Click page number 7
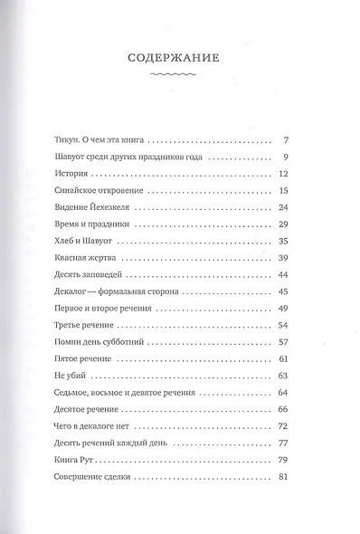pos(284,140)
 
